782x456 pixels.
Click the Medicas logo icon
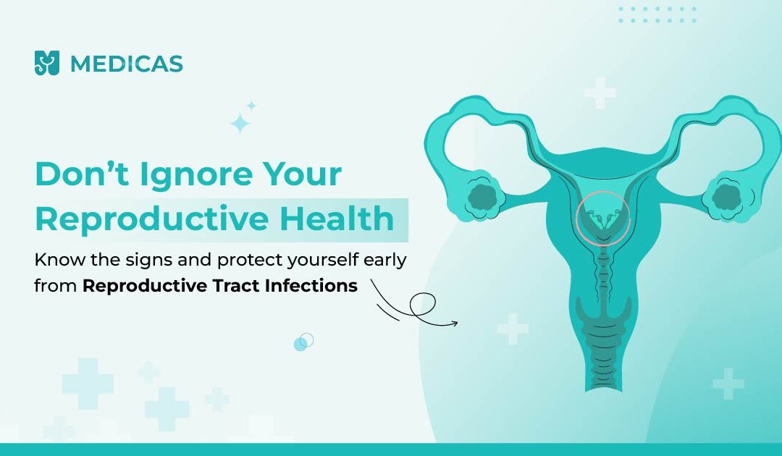[x=47, y=63]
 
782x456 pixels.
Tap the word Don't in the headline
[x=83, y=174]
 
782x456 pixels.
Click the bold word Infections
[x=311, y=286]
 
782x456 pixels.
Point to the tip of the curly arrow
[x=458, y=324]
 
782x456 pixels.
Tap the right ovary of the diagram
[x=728, y=198]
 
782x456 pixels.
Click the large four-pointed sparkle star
[x=240, y=123]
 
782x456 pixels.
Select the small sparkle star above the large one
[x=251, y=106]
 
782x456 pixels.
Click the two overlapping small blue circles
[x=303, y=342]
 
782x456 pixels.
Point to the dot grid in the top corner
[x=657, y=14]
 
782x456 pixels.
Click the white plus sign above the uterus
[x=600, y=93]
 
